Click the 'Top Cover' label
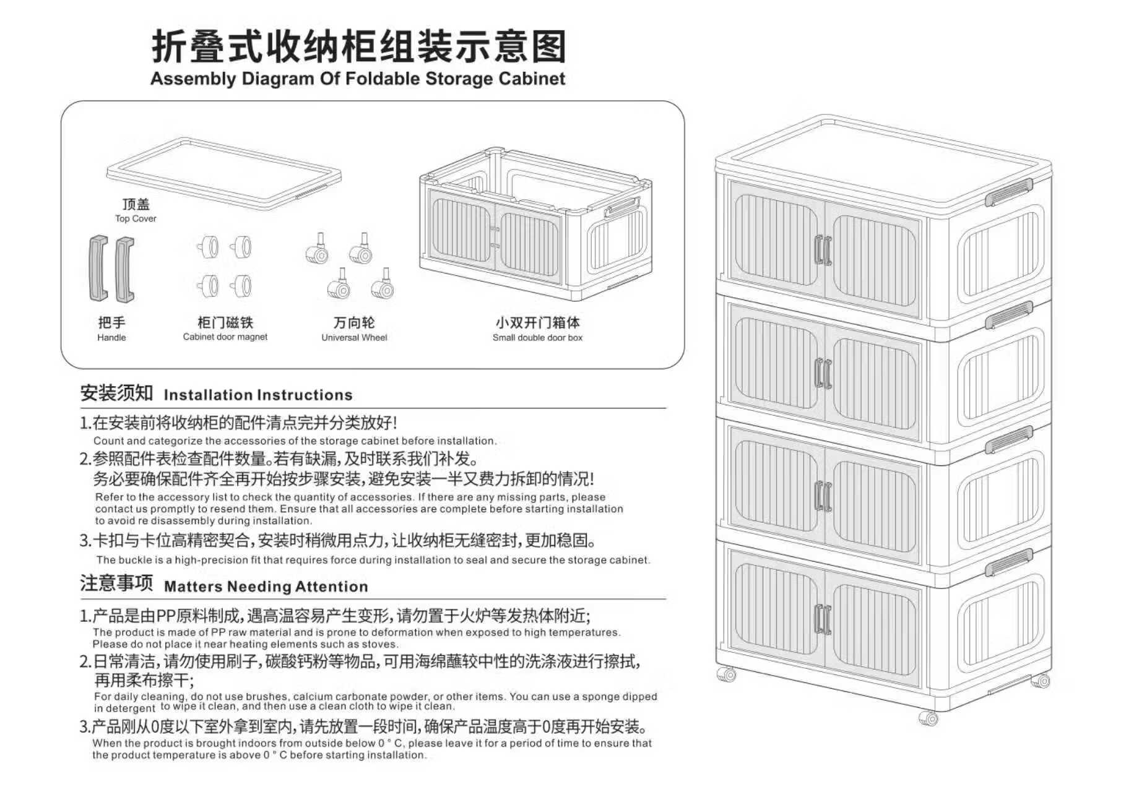136,218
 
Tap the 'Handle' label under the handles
111,337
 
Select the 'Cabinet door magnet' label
225,337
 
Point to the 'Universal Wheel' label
354,337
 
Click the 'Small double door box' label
537,337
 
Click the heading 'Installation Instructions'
258,395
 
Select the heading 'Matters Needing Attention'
266,586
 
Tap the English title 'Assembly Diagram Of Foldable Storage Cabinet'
358,79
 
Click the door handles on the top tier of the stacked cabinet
823,249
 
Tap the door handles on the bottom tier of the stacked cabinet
823,619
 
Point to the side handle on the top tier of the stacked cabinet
1008,192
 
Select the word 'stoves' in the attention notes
379,644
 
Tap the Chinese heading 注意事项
116,583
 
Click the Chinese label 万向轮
354,322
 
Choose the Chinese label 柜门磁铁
225,322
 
